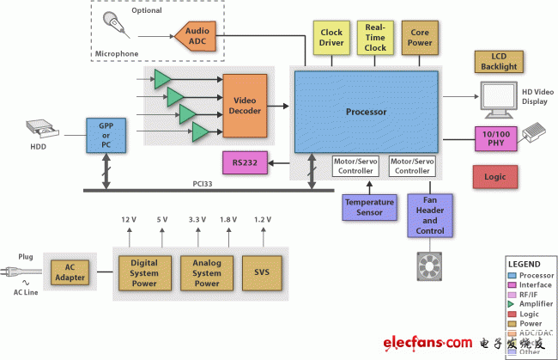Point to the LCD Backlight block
point(497,61)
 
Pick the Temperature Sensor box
point(369,207)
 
